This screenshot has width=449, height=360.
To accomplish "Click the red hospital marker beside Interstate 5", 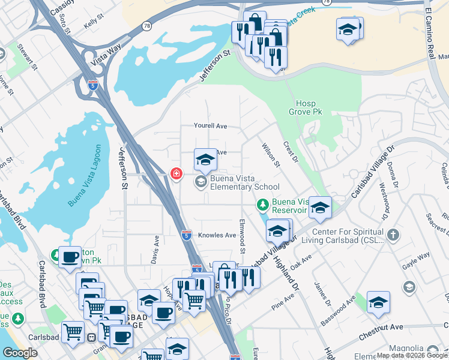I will pos(176,174).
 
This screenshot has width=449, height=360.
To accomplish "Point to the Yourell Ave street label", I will pos(210,126).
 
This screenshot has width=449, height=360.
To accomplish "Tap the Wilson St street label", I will pos(271,155).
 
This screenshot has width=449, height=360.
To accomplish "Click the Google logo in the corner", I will pos(20,353).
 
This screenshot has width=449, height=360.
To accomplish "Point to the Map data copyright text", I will pos(411,355).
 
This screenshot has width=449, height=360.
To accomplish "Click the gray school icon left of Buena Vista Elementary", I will pos(200,181).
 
